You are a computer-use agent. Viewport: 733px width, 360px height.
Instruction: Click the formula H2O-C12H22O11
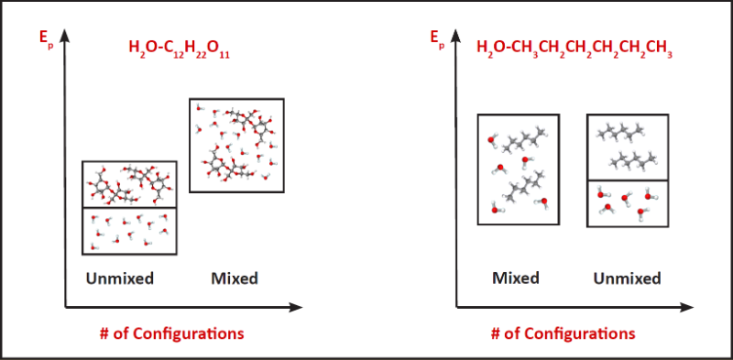(x=179, y=48)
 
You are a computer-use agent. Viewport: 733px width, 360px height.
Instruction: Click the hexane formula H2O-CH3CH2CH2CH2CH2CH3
(x=574, y=48)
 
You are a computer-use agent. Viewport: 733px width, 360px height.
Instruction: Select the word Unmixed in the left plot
(x=119, y=278)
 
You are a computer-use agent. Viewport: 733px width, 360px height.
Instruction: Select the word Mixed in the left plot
(x=235, y=278)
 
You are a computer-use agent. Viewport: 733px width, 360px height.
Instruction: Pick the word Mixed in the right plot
(x=515, y=278)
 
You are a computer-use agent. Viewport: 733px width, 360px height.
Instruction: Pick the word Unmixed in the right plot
(x=627, y=278)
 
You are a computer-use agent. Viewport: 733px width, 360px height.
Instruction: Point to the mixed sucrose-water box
(x=236, y=145)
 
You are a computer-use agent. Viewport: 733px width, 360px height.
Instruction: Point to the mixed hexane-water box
(x=519, y=169)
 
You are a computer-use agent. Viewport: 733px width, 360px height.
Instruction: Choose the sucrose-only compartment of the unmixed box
(x=128, y=184)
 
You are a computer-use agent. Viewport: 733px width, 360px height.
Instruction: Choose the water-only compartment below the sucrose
(x=128, y=231)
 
